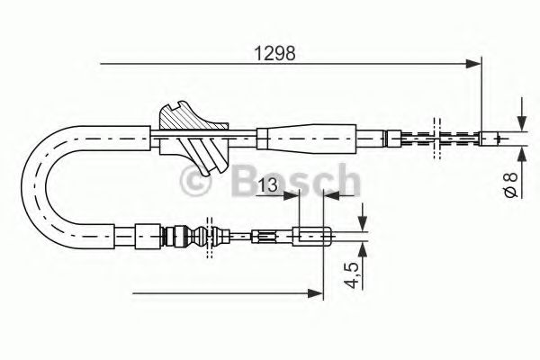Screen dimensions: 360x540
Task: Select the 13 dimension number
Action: (x=265, y=186)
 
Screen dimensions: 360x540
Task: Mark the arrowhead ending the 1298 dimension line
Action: (x=473, y=63)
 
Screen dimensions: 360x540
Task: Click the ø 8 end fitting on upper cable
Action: (x=491, y=139)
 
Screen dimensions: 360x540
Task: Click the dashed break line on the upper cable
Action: (x=436, y=138)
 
